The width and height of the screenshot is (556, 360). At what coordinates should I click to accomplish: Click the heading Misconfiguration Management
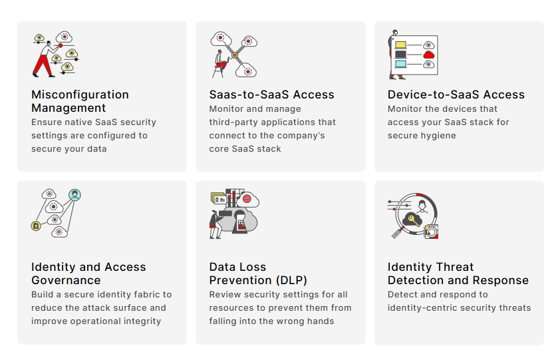[x=80, y=101]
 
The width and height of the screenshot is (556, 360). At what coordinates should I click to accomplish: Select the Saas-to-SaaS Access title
[x=271, y=94]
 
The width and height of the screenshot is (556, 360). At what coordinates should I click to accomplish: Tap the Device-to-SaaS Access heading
[x=456, y=94]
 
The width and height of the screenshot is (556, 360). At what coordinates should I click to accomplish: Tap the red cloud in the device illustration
[x=429, y=55]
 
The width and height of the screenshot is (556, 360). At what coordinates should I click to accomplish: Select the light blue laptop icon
[x=400, y=65]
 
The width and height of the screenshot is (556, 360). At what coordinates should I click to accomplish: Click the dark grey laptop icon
[x=400, y=55]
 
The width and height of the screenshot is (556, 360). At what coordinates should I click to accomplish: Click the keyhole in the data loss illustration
[x=241, y=220]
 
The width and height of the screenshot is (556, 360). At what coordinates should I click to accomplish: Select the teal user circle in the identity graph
[x=75, y=195]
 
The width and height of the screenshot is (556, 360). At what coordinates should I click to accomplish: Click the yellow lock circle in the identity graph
[x=36, y=226]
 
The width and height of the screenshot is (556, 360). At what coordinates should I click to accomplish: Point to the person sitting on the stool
[x=219, y=59]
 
